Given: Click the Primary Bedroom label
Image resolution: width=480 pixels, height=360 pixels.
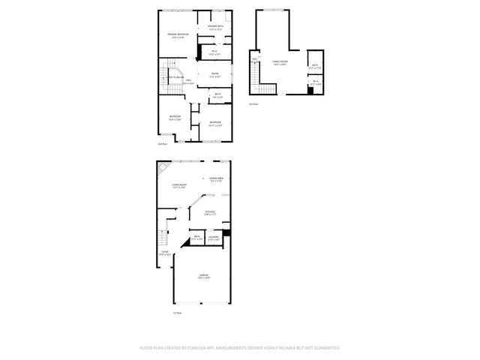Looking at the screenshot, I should pos(178,35).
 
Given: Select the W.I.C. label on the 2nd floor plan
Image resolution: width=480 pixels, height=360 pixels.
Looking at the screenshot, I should pos(214,52).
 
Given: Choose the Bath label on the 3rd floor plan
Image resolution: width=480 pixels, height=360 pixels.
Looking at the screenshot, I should pos(315,65).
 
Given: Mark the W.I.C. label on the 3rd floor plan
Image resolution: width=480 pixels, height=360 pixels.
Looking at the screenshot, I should pos(316,82).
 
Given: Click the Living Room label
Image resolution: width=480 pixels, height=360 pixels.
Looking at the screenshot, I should pos(178,185).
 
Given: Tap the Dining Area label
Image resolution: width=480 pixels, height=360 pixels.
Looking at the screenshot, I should pos(217,178).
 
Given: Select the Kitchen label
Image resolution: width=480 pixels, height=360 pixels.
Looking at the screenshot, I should pos(210,212).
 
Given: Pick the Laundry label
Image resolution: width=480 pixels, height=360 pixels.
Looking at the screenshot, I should pos(214,238).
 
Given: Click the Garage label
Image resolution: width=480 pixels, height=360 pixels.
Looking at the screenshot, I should pos(204,277).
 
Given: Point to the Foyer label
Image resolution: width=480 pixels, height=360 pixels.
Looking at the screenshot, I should pos(165,253).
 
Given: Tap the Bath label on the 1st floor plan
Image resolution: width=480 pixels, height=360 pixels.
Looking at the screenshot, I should pos(196,238).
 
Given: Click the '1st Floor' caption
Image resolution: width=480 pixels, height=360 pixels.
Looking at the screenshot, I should pos(177,313).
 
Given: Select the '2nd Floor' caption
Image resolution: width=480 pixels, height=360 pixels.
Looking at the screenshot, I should pos(161,143).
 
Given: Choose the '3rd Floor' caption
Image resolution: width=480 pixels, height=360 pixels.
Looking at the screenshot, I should pos(253,104).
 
